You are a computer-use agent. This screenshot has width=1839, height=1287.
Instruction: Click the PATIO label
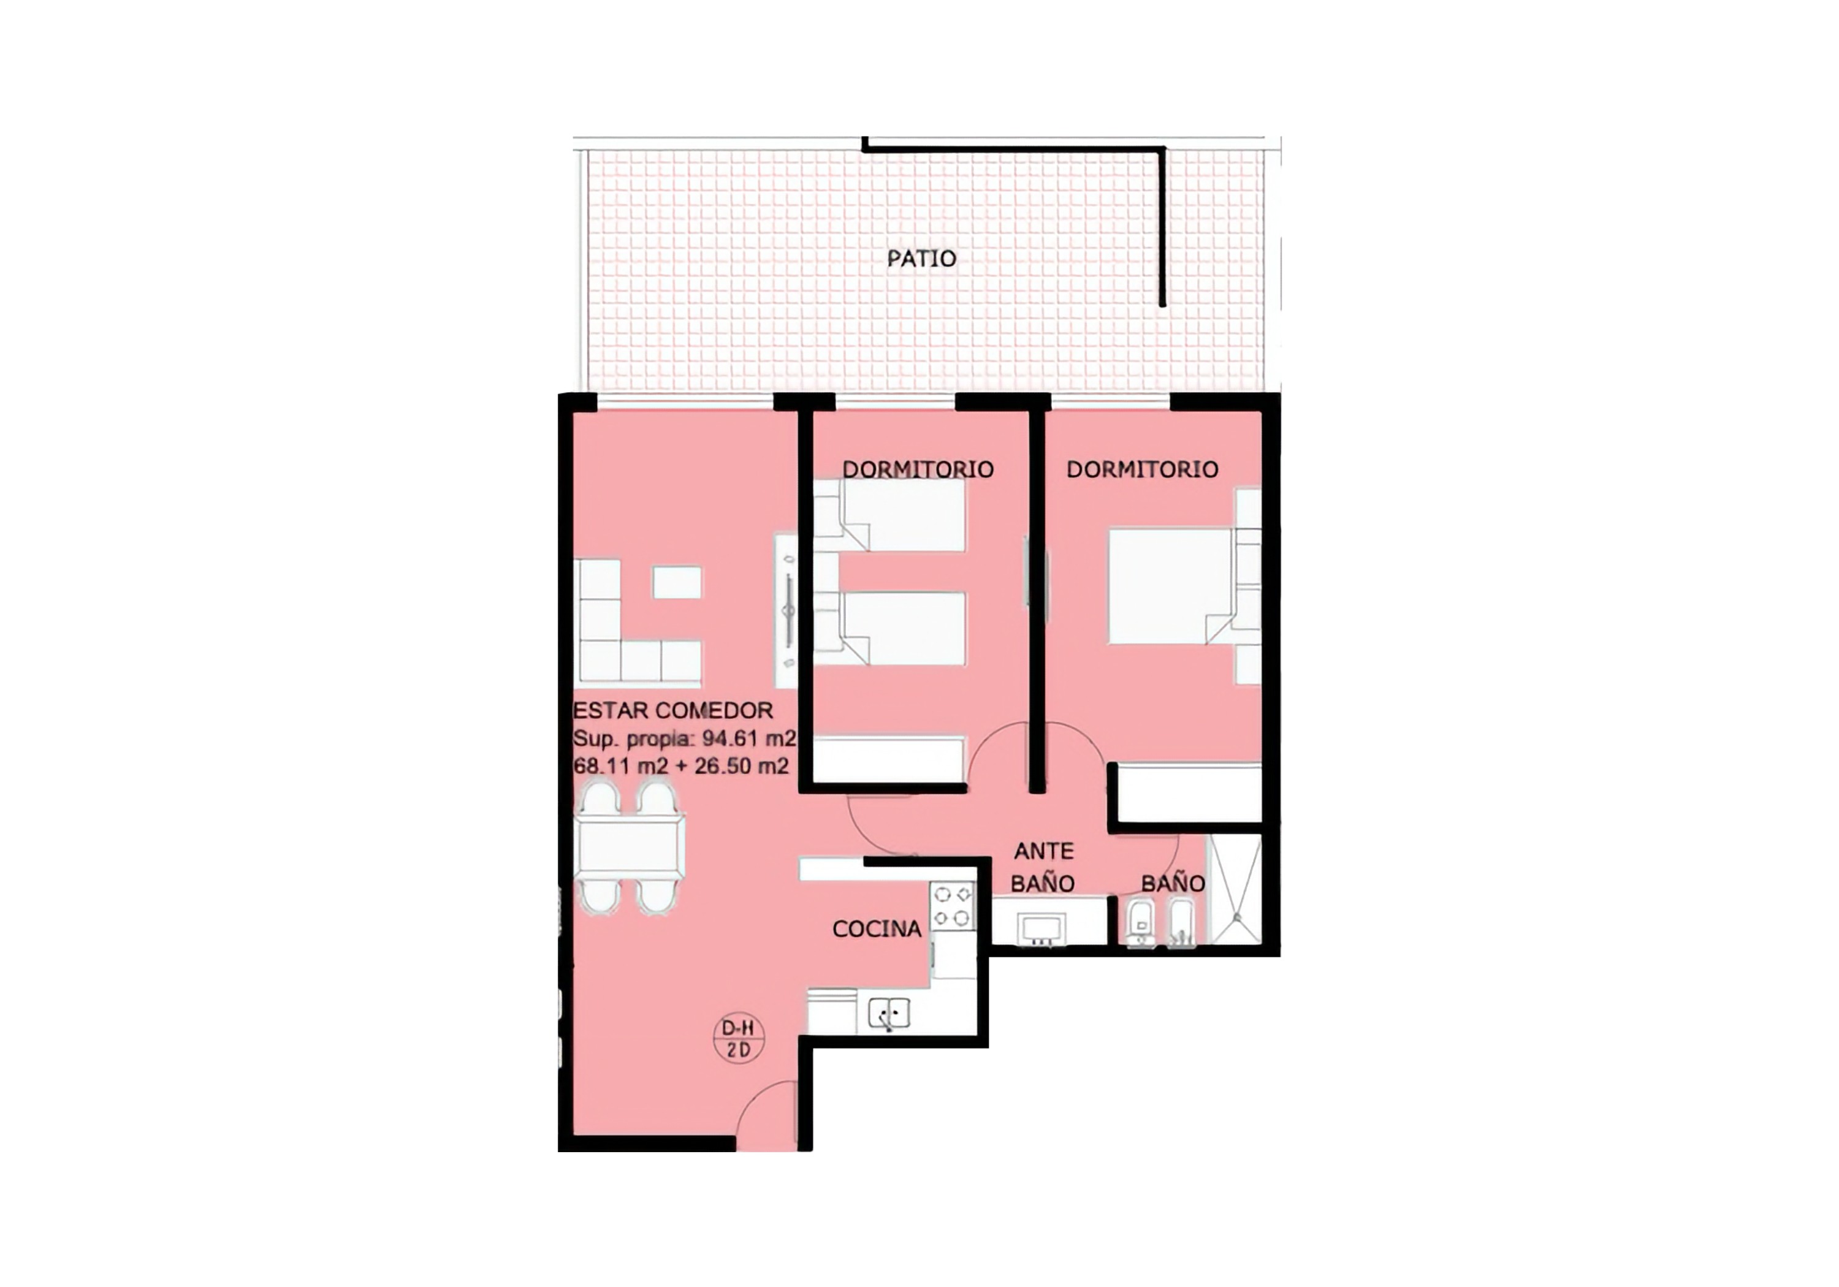(x=921, y=259)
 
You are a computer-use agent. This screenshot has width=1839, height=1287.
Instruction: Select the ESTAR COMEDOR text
(x=673, y=710)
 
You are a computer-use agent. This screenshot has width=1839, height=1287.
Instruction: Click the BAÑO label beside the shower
(x=1173, y=883)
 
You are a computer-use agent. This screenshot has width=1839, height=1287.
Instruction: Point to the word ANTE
(x=1044, y=851)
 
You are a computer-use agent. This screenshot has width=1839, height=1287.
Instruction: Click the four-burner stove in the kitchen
(x=953, y=906)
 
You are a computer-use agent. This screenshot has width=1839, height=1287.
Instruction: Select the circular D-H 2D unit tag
(x=739, y=1039)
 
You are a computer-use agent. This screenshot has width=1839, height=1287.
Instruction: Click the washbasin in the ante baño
(x=1040, y=929)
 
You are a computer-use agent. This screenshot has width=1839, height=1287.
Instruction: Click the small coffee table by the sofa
(x=677, y=582)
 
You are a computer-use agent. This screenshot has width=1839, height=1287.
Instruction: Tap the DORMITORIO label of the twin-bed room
(x=917, y=469)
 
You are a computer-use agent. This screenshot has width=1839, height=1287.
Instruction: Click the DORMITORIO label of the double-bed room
(x=1142, y=469)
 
